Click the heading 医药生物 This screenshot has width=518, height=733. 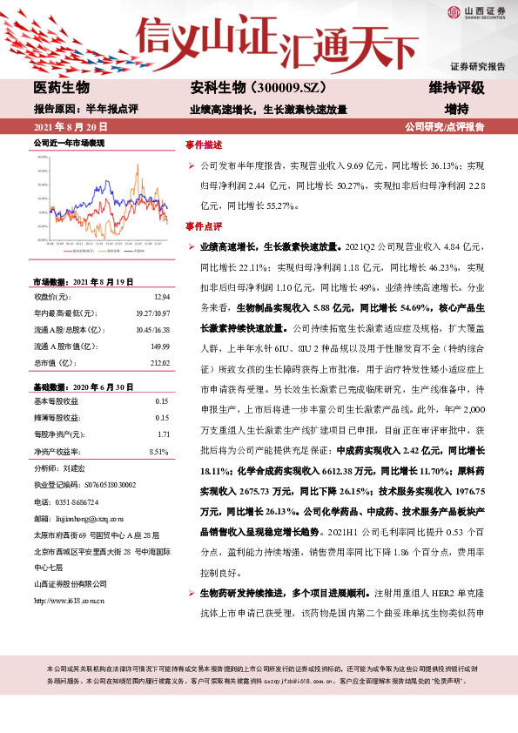pyautogui.click(x=61, y=88)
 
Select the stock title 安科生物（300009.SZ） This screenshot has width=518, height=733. pyautogui.click(x=246, y=88)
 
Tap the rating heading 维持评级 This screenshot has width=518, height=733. pyautogui.click(x=456, y=88)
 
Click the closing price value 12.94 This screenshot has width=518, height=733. pyautogui.click(x=158, y=297)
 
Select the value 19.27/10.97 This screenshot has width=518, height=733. pyautogui.click(x=151, y=313)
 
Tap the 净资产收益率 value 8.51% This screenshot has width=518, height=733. pyautogui.click(x=158, y=451)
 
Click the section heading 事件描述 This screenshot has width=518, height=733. pyautogui.click(x=204, y=145)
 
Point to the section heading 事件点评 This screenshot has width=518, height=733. pyautogui.click(x=204, y=225)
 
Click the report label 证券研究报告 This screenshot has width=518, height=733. pyautogui.click(x=477, y=66)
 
